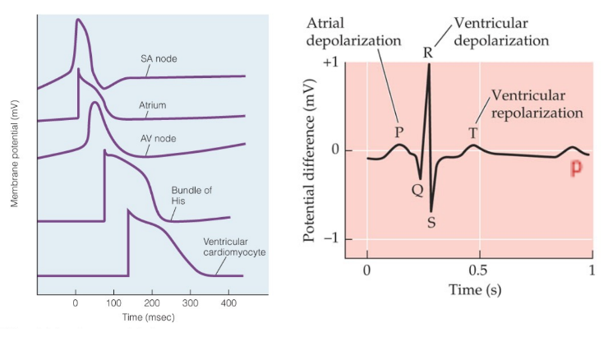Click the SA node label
click(x=159, y=58)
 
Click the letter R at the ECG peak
click(x=427, y=53)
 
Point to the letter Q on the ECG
click(x=417, y=190)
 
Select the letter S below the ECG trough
click(x=431, y=223)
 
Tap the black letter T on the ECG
click(x=473, y=132)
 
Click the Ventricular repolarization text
click(x=537, y=104)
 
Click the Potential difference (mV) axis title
click(x=311, y=154)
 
